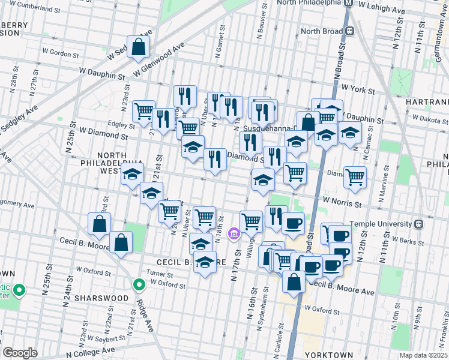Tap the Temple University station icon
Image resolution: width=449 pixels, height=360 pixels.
418,224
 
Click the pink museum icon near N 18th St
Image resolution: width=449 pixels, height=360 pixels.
234,233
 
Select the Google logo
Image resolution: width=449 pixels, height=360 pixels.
20,353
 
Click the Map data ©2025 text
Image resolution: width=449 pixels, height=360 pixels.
423,355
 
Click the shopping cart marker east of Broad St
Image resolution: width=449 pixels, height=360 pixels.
355,176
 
